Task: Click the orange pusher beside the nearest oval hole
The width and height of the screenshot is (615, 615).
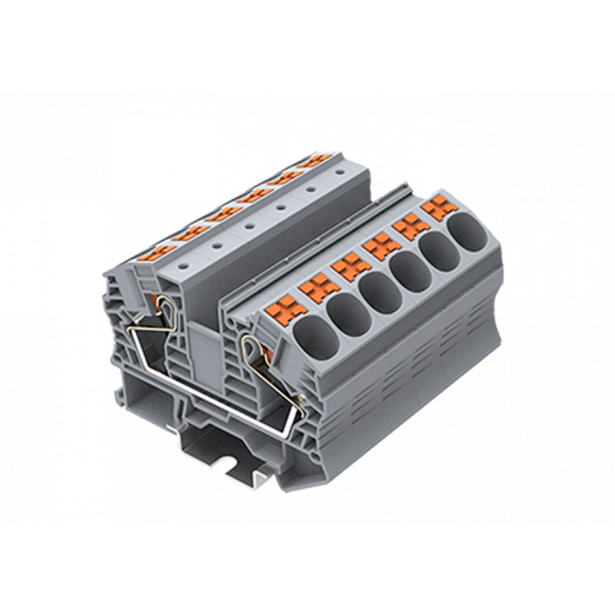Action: click(x=287, y=307)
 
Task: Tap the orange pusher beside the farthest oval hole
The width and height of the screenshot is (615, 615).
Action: click(x=440, y=207)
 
